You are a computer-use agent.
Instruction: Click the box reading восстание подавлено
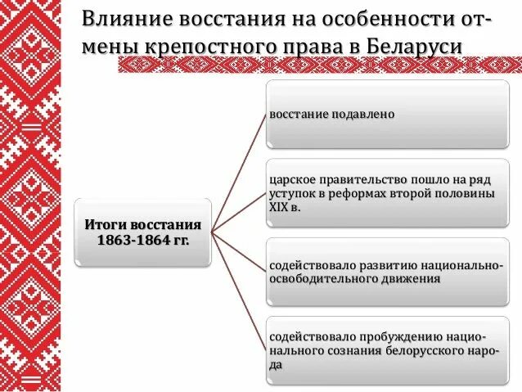click(388, 115)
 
